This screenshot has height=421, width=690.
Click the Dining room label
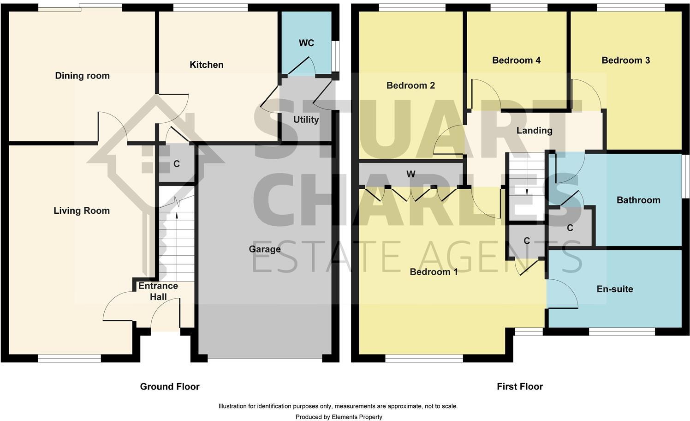coord(82,76)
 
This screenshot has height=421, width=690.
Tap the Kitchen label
coord(207,65)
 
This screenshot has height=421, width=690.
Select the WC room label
coord(306,43)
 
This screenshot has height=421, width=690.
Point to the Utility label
coord(306,120)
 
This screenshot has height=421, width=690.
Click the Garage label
coord(265,249)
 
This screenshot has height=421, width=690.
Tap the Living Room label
coord(82,211)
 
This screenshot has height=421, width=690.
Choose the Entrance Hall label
coord(158,291)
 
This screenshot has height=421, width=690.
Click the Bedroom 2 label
coord(410,85)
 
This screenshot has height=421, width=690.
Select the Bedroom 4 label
coord(516,60)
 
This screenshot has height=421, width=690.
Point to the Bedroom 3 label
coord(625,60)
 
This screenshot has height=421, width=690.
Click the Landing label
coord(534,131)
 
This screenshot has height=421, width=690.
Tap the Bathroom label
coord(638,200)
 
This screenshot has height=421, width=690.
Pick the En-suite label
coord(615,289)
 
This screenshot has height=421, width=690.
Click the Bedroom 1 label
coord(434,272)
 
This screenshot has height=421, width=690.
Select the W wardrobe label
coord(410,174)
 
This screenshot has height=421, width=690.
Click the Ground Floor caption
coord(170,386)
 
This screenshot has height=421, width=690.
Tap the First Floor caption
coord(520,386)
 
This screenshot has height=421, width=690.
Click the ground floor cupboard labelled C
coord(176,164)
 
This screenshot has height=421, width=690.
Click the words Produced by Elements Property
coord(339,417)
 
